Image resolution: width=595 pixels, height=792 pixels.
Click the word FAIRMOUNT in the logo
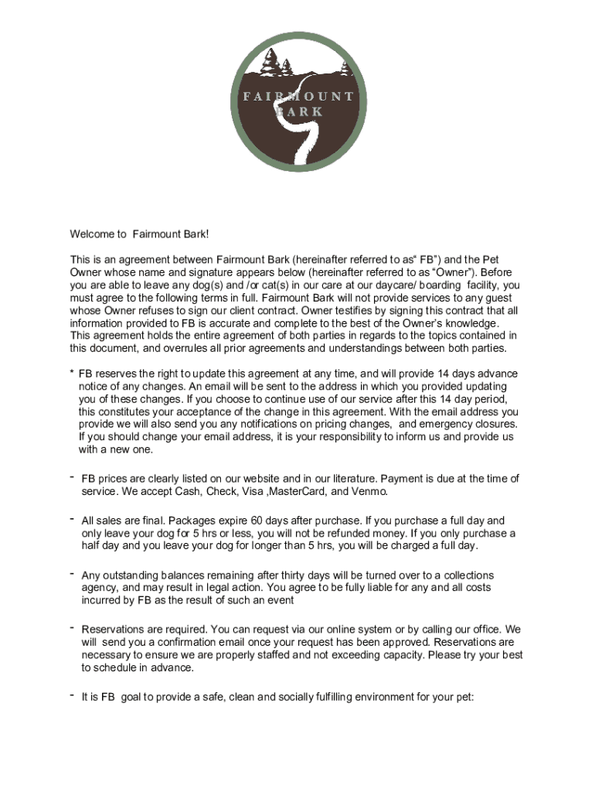[297, 97]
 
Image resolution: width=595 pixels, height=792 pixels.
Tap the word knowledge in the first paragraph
[468, 323]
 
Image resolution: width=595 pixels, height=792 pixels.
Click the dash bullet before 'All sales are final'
[70, 518]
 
